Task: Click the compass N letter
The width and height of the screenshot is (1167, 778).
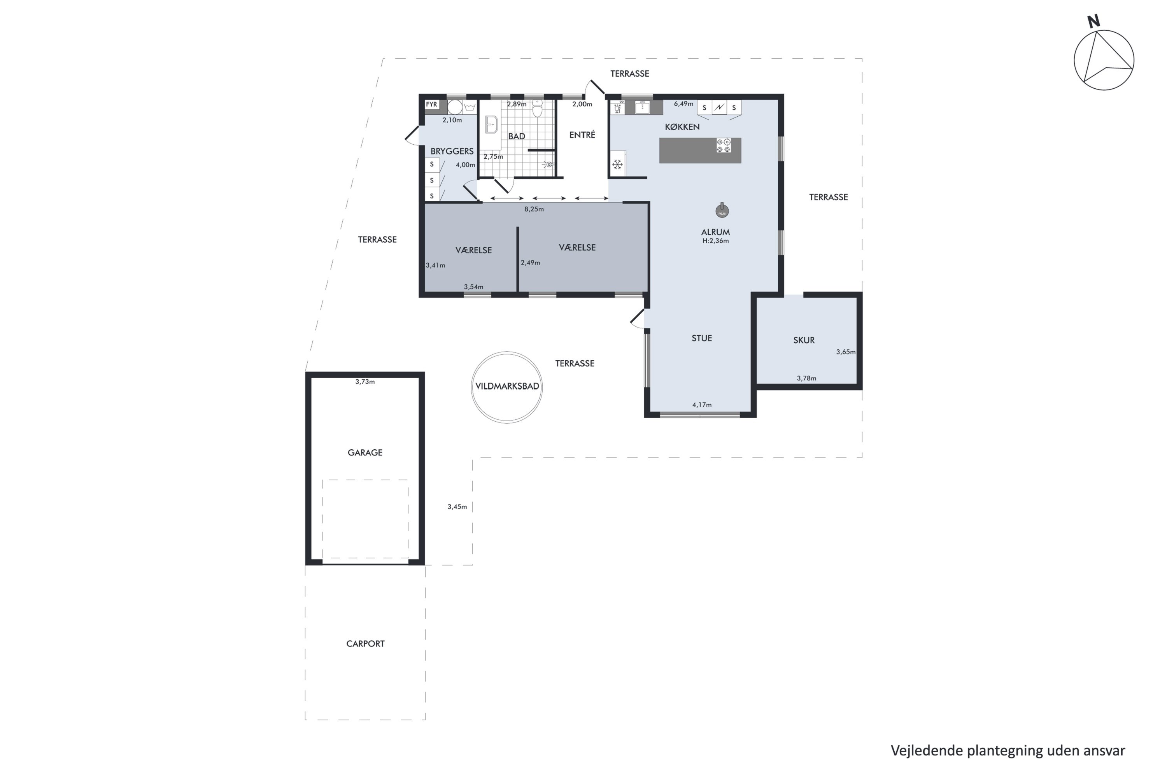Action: pyautogui.click(x=1093, y=21)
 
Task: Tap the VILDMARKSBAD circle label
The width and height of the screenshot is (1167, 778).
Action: pyautogui.click(x=507, y=387)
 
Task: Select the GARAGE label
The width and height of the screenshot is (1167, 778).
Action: pyautogui.click(x=365, y=452)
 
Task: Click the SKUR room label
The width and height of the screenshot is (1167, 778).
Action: pyautogui.click(x=804, y=340)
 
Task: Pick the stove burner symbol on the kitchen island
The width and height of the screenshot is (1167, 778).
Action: pyautogui.click(x=724, y=145)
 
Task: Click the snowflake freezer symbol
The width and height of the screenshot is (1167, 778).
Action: pyautogui.click(x=617, y=164)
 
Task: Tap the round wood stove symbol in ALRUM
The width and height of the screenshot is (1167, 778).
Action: pyautogui.click(x=722, y=210)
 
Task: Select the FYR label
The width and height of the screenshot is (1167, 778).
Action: pyautogui.click(x=432, y=105)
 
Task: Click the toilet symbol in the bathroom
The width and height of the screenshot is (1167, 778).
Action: pyautogui.click(x=537, y=109)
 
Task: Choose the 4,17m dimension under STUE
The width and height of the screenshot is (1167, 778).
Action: pyautogui.click(x=702, y=405)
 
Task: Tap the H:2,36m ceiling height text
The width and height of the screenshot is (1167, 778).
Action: pyautogui.click(x=715, y=241)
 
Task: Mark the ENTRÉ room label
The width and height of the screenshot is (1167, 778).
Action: pyautogui.click(x=582, y=135)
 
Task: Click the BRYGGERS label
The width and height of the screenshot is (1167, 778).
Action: pyautogui.click(x=452, y=151)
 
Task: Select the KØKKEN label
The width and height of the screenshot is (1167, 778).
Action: pyautogui.click(x=682, y=127)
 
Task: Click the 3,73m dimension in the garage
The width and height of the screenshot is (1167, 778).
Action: pyautogui.click(x=365, y=382)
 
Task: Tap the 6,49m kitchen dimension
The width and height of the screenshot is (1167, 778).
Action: pyautogui.click(x=683, y=104)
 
